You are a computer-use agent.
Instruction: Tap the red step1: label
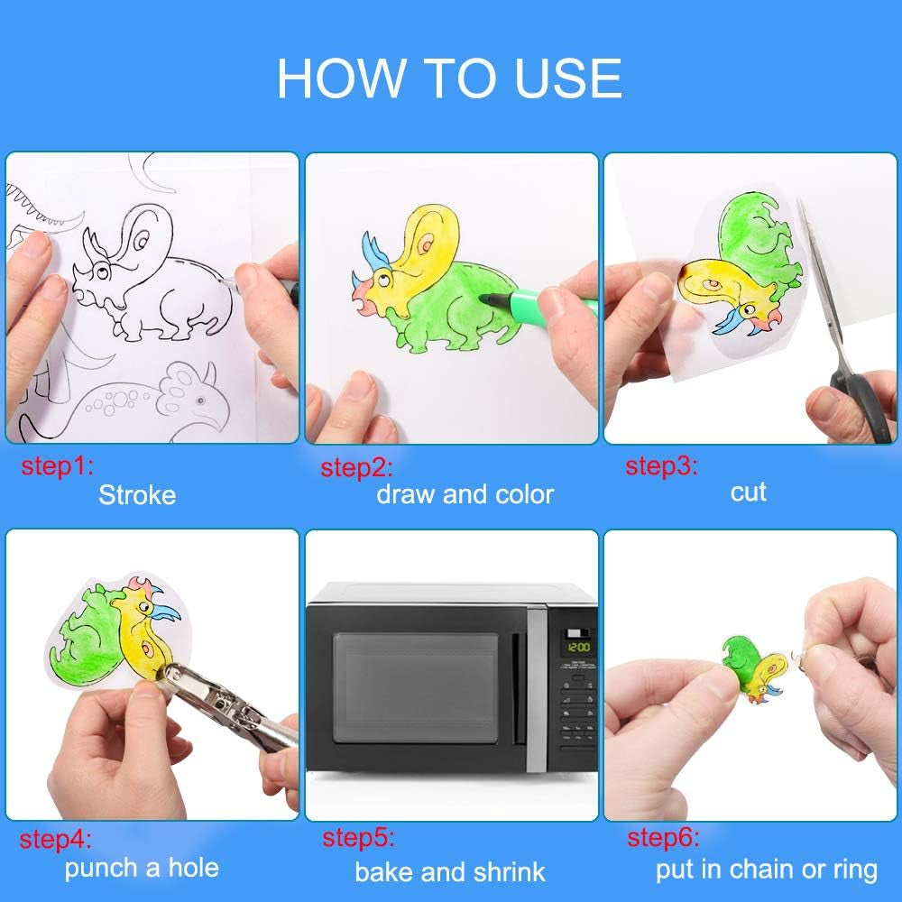[x=57, y=468]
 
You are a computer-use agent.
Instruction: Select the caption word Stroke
[x=137, y=495]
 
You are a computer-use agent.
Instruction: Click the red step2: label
[x=356, y=468]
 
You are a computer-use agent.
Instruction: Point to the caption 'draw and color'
[x=465, y=494]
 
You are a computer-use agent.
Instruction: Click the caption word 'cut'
[x=749, y=492]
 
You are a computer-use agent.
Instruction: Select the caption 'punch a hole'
[x=142, y=868]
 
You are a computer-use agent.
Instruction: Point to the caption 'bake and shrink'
[x=450, y=871]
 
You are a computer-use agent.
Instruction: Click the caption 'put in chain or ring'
[x=767, y=870]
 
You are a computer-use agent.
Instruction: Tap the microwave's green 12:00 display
[x=577, y=648]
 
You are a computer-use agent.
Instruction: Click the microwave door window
[x=416, y=687]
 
